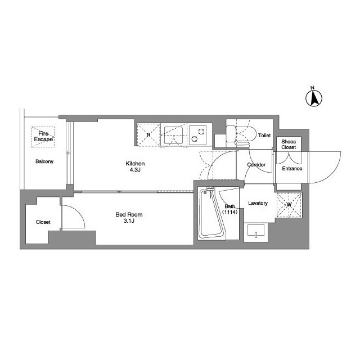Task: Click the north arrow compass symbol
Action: point(314,98)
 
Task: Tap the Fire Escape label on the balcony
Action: point(43,136)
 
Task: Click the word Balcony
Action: point(44,161)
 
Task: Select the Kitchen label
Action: point(135,164)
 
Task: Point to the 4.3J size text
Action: point(135,170)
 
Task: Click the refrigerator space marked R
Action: point(148,134)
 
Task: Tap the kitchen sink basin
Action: point(173,136)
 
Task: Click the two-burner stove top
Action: point(197,135)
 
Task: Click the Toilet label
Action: point(264,136)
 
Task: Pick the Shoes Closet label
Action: point(289,145)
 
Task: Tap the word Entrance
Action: point(292,169)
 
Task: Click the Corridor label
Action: point(256,165)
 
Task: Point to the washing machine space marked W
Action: point(289,205)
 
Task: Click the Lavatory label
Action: point(258,203)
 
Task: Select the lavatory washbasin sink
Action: point(256,230)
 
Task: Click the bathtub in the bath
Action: point(211,214)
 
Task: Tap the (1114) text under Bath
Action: point(230,212)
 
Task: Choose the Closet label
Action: point(43,222)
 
